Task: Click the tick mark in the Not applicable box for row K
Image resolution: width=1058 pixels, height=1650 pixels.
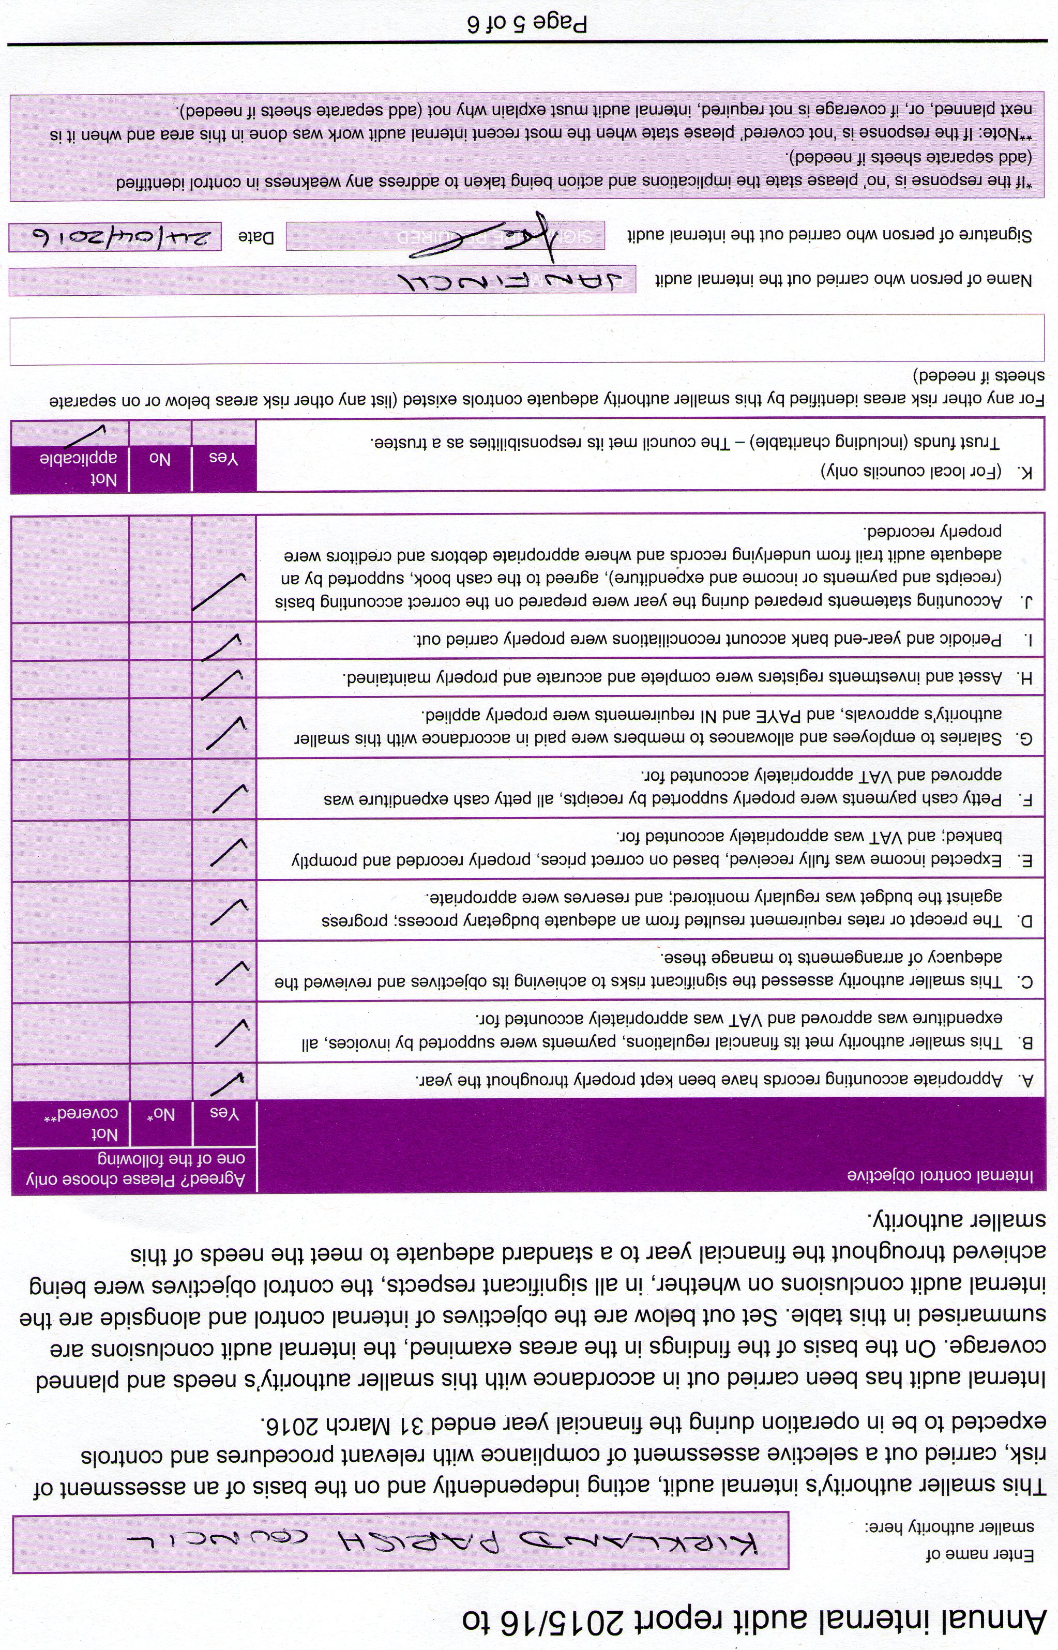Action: click(x=86, y=434)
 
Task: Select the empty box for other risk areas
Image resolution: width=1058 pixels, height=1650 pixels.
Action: click(x=526, y=340)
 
